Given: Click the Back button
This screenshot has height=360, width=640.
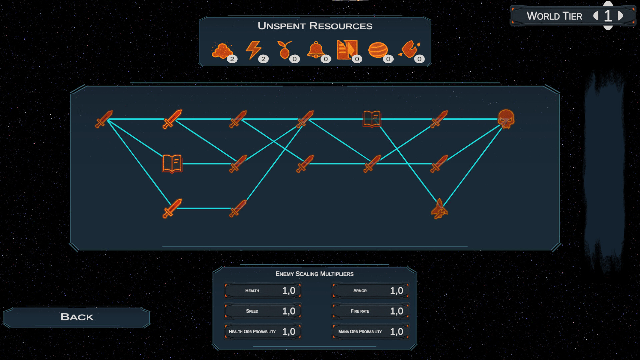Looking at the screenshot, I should click(77, 317).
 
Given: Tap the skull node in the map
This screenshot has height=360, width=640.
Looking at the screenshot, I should click(506, 119).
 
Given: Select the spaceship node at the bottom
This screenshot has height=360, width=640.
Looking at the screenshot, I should click(439, 209).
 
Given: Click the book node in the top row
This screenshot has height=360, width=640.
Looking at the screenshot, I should click(372, 119).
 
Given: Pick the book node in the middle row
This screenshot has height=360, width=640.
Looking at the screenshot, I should click(172, 164).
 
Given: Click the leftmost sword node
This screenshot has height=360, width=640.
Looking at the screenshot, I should click(104, 119).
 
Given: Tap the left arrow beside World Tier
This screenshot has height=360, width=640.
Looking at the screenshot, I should click(596, 16).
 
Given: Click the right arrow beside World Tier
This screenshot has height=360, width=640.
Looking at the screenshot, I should click(620, 16).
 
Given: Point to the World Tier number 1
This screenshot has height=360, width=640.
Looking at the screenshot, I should click(608, 16).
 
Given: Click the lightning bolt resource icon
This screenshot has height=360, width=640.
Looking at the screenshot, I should click(253, 50).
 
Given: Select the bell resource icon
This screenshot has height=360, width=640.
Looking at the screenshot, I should click(315, 50).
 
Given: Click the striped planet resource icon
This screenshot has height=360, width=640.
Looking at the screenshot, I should click(378, 50).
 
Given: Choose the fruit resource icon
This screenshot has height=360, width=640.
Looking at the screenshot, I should click(284, 50).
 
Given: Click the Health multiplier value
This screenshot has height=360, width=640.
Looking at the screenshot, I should click(289, 291).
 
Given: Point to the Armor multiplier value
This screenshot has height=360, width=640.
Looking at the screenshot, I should click(397, 291).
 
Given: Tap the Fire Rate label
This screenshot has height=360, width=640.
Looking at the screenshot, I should click(360, 311).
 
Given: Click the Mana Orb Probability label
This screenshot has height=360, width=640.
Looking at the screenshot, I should click(360, 332).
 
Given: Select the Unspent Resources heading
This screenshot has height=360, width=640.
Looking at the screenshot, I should click(315, 26).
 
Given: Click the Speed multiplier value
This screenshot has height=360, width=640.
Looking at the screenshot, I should click(289, 311).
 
